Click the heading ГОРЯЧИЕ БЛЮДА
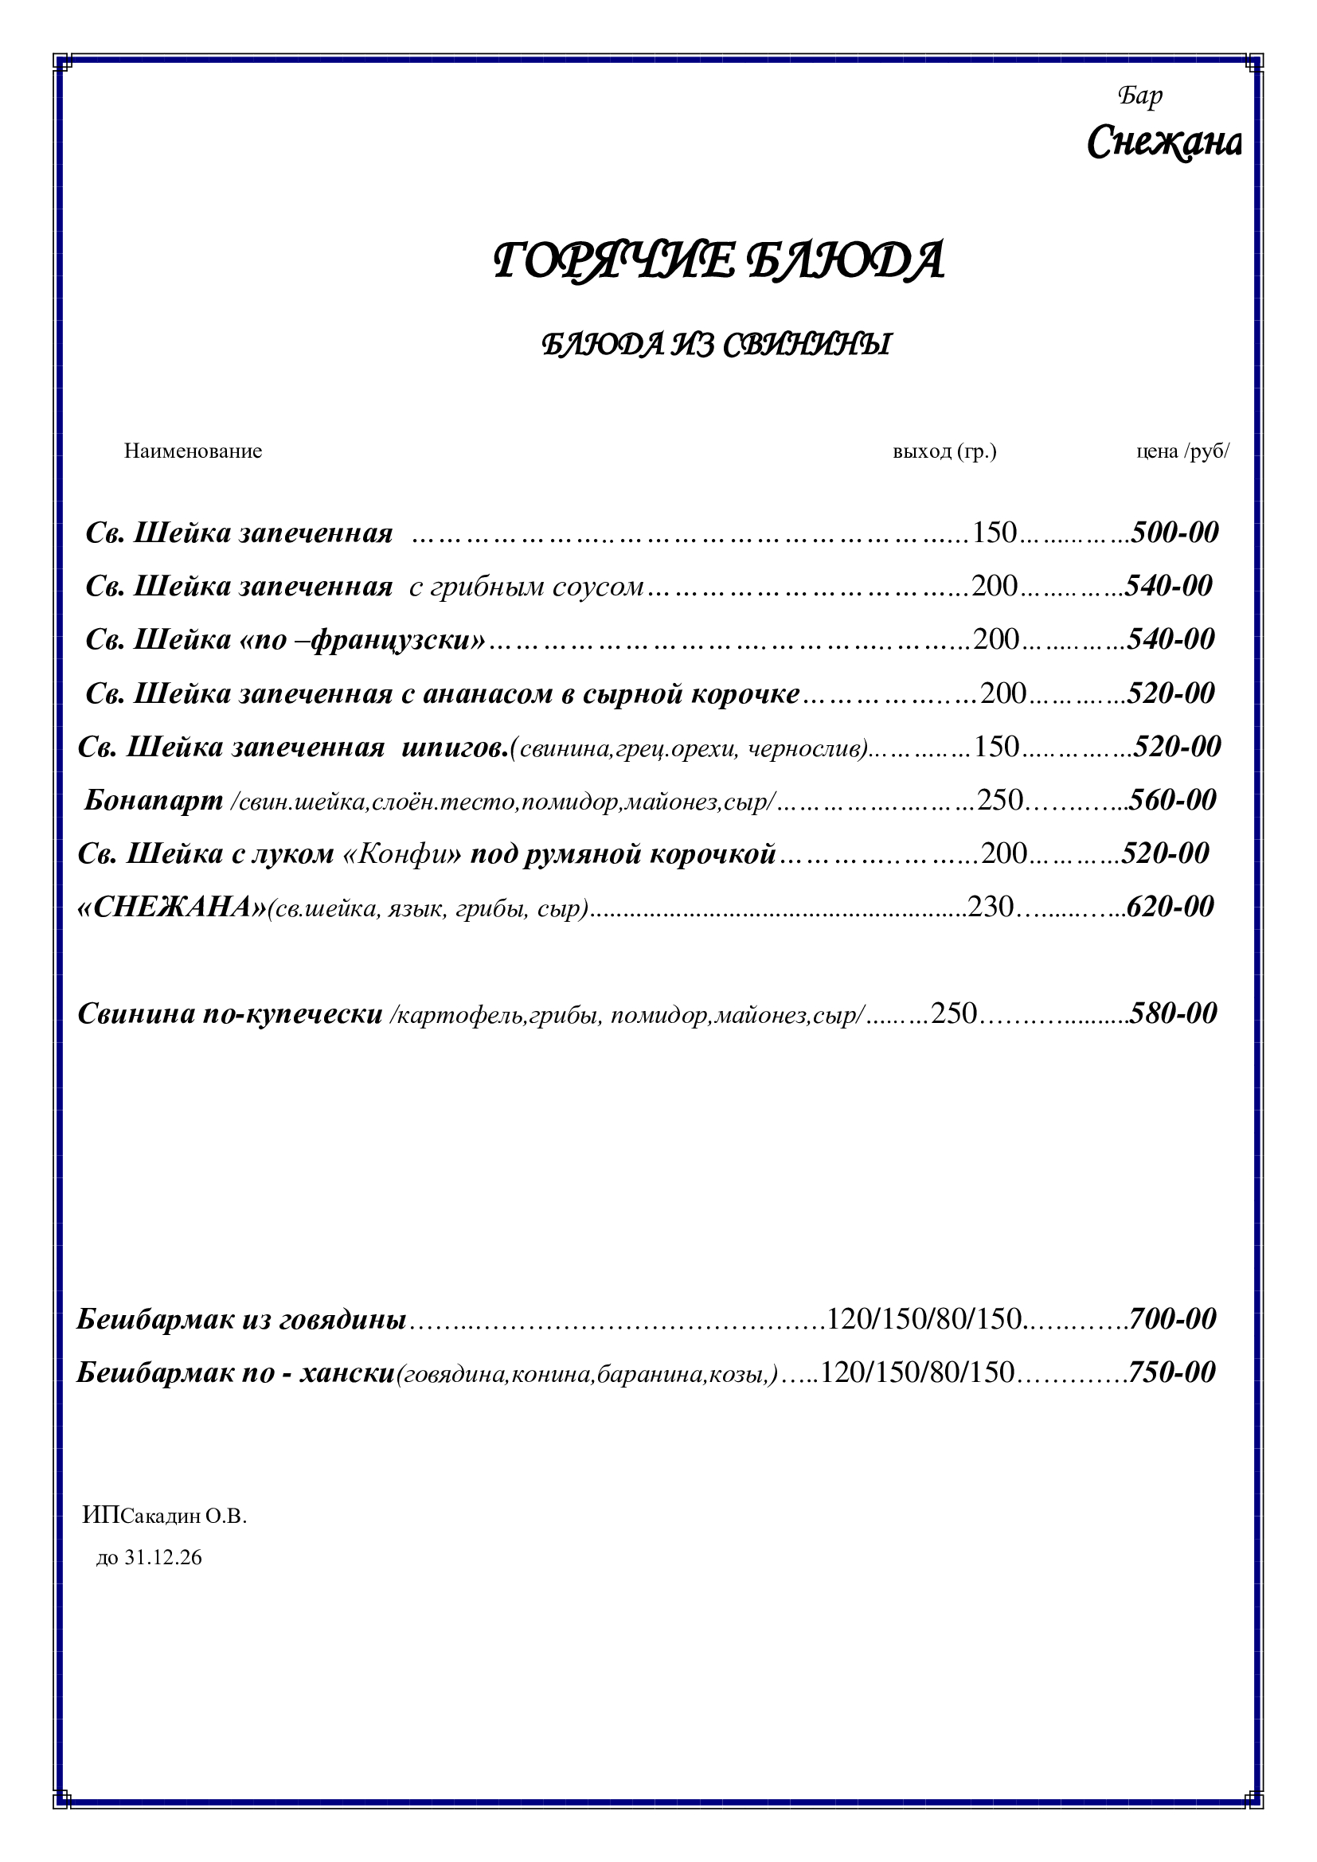[x=718, y=261]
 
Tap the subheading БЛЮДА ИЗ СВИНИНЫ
[x=715, y=345]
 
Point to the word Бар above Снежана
[x=1139, y=96]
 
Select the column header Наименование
[x=193, y=451]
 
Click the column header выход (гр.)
[x=944, y=451]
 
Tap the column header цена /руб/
[x=1182, y=451]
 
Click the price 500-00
[x=1175, y=532]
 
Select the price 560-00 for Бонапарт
[x=1173, y=799]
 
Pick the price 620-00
[x=1170, y=906]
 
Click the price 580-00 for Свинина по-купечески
[x=1174, y=1013]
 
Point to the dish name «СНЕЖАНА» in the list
[x=172, y=907]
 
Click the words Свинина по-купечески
[x=229, y=1013]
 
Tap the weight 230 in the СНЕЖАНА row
[x=991, y=906]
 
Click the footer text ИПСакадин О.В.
[x=165, y=1516]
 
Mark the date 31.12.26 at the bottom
[x=163, y=1557]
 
